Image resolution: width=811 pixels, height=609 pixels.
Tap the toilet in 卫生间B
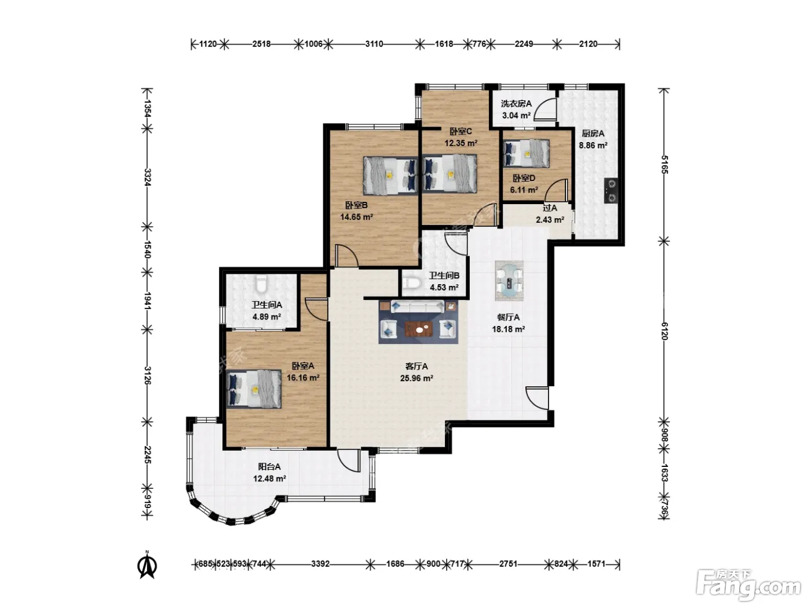(412, 283)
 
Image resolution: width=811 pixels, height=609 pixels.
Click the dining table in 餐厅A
(509, 280)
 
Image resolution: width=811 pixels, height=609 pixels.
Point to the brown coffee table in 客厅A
(418, 328)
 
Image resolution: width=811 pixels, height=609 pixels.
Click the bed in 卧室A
(254, 389)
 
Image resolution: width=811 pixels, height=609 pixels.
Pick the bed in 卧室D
(526, 154)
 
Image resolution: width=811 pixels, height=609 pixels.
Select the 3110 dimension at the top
(374, 44)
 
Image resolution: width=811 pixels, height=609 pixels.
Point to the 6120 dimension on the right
(664, 331)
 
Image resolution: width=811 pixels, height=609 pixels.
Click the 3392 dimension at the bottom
(320, 564)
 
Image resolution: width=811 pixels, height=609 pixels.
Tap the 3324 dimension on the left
(147, 177)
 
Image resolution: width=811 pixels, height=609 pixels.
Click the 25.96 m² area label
(417, 378)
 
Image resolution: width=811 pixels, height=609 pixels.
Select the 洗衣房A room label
(516, 104)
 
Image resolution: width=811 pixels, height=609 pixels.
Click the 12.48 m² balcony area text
(269, 478)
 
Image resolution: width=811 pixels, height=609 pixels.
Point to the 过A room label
(550, 208)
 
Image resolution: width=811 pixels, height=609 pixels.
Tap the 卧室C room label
(461, 131)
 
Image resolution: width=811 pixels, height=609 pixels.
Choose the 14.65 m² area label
(356, 217)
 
